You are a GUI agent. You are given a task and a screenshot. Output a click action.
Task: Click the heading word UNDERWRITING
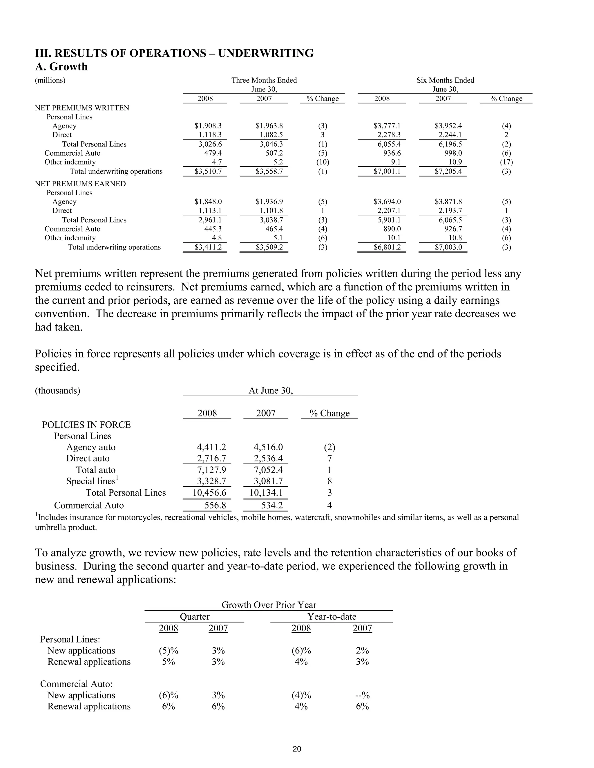click(x=266, y=53)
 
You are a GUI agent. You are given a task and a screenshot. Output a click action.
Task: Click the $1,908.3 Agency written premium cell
click(x=208, y=126)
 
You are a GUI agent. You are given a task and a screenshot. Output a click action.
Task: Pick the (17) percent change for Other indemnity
click(x=506, y=162)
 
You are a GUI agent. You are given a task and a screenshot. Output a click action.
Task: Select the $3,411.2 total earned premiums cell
click(x=208, y=247)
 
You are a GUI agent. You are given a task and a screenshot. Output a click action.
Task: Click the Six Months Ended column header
click(x=445, y=80)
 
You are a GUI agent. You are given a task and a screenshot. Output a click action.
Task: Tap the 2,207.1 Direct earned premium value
click(x=387, y=211)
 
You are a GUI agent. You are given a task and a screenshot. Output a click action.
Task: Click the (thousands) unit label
click(x=57, y=391)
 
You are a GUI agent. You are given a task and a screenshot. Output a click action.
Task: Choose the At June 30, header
click(x=271, y=391)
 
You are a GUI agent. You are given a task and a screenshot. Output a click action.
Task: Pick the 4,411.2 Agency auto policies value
click(x=211, y=447)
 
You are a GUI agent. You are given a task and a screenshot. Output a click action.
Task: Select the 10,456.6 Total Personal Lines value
click(x=209, y=493)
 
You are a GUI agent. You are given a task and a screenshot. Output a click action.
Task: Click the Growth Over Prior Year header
click(x=269, y=605)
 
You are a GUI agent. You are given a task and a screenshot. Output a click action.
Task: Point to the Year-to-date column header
click(x=332, y=616)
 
